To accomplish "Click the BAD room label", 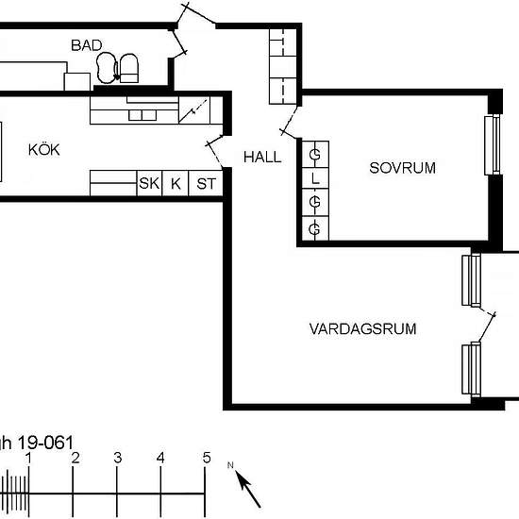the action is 87,45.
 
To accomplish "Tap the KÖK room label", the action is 44,150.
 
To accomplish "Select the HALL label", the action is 262,157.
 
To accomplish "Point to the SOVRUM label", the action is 402,168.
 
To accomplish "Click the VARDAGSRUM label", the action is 362,329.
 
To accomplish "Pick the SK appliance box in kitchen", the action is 149,183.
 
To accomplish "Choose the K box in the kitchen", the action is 176,183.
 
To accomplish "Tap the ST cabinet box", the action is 206,183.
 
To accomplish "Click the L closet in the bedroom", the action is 315,178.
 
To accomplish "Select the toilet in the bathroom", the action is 128,68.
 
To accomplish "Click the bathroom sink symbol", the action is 107,68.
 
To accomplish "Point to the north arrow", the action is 247,489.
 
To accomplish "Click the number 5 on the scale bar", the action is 207,458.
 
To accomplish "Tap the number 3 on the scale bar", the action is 118,458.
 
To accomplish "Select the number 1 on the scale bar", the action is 29,459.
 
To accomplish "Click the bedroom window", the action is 493,144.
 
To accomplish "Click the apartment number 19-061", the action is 45,443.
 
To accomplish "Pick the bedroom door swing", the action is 290,122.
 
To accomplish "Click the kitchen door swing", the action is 214,150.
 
